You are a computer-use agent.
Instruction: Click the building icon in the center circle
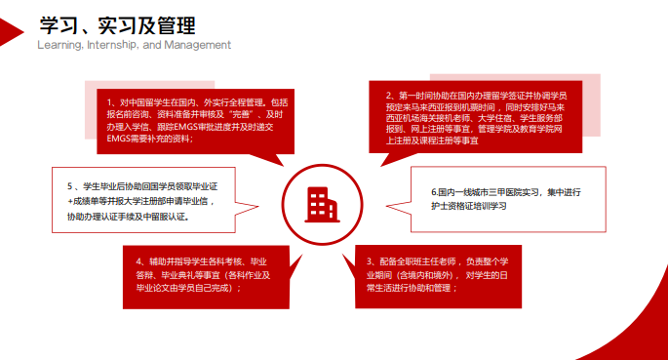[321, 202]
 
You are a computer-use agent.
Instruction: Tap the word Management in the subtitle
[200, 45]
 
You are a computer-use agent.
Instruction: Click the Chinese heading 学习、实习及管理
[114, 22]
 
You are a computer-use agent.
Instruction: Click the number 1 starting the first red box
[110, 101]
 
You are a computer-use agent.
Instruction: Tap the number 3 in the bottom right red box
[370, 261]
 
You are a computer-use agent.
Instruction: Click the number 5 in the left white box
[70, 185]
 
